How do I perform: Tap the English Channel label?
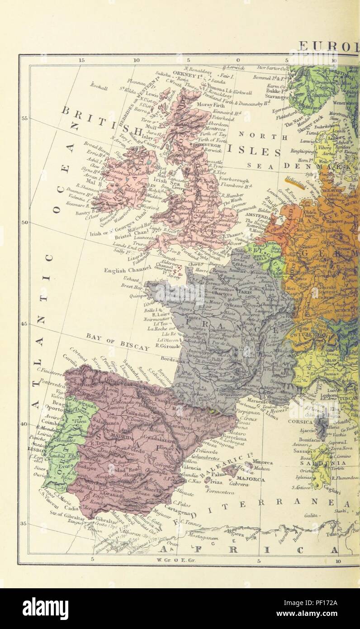coord(125,271)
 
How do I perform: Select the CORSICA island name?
coord(301,421)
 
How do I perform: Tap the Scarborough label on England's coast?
coord(234,180)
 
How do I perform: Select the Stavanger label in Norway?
coord(277,96)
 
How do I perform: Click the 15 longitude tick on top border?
coord(81,60)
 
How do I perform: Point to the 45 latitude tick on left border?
coord(24,324)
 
